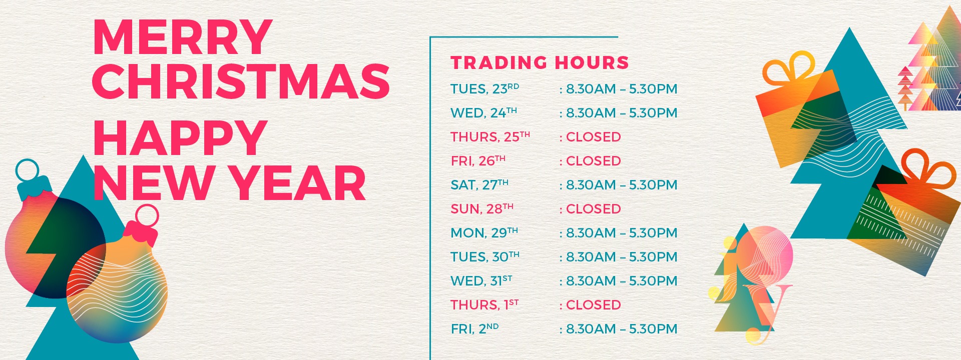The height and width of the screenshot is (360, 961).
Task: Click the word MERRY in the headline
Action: pos(183,37)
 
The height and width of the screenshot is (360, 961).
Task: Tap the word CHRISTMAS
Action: pos(241,81)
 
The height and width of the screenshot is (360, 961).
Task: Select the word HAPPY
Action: pos(180,138)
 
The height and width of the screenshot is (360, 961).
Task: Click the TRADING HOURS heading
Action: pos(540,62)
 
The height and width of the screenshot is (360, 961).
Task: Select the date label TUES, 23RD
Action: pos(485,88)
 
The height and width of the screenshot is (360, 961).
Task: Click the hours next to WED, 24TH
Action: pos(622,113)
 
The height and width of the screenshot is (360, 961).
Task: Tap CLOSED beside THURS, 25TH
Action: pos(594,137)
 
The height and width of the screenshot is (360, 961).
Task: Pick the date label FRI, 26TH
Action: pos(478,160)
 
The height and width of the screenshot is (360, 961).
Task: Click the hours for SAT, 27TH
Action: pos(622,185)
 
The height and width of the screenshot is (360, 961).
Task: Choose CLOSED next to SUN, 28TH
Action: pos(594,209)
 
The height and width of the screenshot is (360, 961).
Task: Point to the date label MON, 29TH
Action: pos(484,232)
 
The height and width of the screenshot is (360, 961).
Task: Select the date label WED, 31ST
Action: pos(482,280)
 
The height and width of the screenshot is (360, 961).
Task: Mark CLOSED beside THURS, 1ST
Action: pos(594,305)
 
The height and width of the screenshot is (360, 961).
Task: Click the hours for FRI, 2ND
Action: pos(622,329)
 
